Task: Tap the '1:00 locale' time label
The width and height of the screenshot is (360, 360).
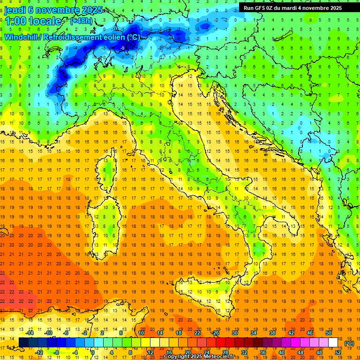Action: (x=33, y=21)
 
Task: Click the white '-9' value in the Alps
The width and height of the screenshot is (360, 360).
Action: (x=122, y=48)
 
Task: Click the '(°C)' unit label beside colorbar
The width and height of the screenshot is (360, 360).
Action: (x=349, y=343)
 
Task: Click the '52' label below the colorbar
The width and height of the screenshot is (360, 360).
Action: (x=338, y=352)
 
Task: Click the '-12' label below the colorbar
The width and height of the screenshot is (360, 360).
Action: (x=39, y=352)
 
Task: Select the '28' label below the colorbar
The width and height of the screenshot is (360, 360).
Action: (x=225, y=352)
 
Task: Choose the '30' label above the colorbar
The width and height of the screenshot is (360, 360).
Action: (x=234, y=333)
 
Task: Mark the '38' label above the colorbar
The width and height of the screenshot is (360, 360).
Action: (x=272, y=333)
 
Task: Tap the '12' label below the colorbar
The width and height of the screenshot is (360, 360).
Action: (x=150, y=352)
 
